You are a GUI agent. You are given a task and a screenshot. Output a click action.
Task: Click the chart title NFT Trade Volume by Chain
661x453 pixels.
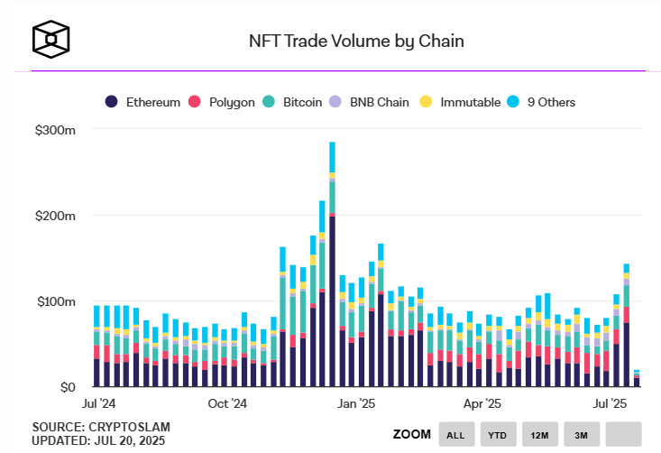pyautogui.click(x=356, y=41)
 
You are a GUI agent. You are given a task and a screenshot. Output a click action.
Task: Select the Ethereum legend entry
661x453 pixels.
pyautogui.click(x=145, y=102)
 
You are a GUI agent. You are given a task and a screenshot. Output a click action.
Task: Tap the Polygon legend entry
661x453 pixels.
pyautogui.click(x=225, y=102)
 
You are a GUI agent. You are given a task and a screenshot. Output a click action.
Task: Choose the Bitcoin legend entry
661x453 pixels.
pyautogui.click(x=294, y=102)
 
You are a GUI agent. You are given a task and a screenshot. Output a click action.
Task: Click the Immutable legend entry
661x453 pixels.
pyautogui.click(x=461, y=102)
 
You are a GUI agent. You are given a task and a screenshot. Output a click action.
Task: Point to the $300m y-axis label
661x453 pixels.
pyautogui.click(x=54, y=131)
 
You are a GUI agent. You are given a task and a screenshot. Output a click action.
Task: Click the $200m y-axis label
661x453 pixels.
pyautogui.click(x=54, y=217)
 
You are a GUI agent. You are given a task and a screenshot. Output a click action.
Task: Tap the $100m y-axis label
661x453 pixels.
pyautogui.click(x=54, y=301)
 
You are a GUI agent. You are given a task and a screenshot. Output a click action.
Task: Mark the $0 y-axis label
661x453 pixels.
pyautogui.click(x=66, y=387)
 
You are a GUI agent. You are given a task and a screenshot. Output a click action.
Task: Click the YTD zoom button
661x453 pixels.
pyautogui.click(x=498, y=435)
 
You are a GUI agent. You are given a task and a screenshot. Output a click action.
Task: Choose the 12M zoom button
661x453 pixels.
pyautogui.click(x=540, y=435)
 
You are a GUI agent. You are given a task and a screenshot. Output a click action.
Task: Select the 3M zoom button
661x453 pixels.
pyautogui.click(x=582, y=435)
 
